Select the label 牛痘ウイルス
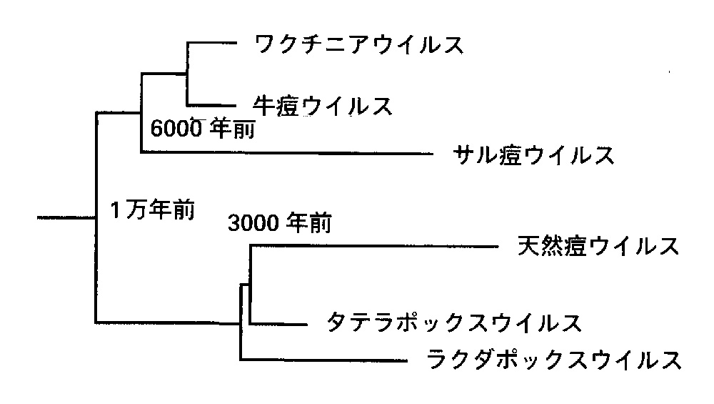[x=323, y=106]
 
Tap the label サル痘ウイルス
[x=533, y=154]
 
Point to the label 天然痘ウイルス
[x=596, y=247]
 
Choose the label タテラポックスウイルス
[x=452, y=322]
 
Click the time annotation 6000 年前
[x=203, y=129]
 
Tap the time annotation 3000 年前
[x=279, y=224]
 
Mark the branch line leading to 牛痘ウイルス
[x=211, y=105]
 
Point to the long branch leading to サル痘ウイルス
[x=286, y=152]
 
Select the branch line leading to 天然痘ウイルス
[x=371, y=247]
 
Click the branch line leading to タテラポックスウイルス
[x=278, y=323]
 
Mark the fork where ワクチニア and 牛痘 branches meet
[x=186, y=72]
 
